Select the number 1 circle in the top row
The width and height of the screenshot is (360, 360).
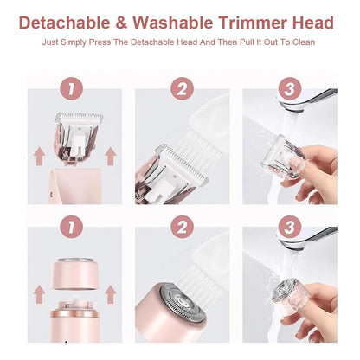tap(71, 88)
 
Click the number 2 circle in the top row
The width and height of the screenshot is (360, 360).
tap(181, 88)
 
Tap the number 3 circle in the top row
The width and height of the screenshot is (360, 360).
tap(290, 88)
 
